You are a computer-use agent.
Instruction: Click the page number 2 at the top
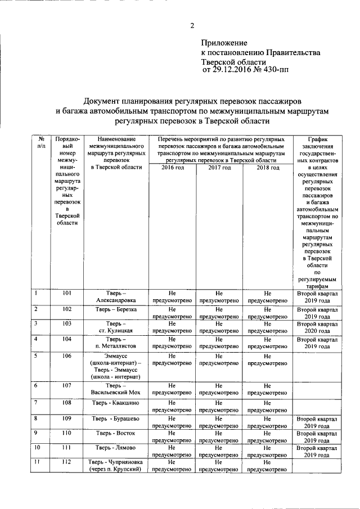192,25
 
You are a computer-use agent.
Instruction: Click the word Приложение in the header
224,43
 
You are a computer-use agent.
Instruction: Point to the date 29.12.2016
231,70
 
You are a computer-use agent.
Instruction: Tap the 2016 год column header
173,168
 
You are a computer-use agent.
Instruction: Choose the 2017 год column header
219,168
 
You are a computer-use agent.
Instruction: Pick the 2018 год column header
268,168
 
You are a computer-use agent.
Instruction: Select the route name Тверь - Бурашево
116,419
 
